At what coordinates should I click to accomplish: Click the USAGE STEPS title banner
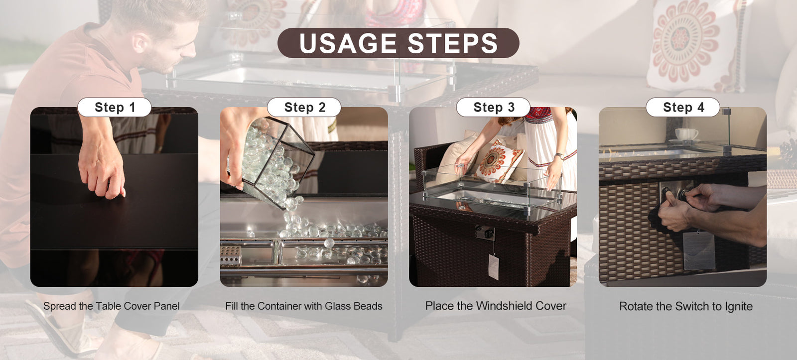click(398, 43)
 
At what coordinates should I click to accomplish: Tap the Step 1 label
click(114, 107)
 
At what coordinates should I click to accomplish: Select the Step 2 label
click(304, 107)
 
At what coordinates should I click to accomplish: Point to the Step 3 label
click(494, 107)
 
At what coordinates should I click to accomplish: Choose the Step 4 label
click(683, 107)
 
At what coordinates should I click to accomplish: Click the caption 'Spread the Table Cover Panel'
click(112, 306)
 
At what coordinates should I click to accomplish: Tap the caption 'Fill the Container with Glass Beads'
click(304, 306)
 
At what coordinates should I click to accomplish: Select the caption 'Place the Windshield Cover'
click(496, 306)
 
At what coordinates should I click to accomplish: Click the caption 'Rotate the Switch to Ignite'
click(685, 306)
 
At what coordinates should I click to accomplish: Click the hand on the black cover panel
click(102, 167)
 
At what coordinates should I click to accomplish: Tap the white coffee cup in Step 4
click(686, 134)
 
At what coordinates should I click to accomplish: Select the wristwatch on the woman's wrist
click(560, 156)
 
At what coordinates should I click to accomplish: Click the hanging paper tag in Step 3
click(494, 267)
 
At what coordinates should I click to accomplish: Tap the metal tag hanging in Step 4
click(699, 250)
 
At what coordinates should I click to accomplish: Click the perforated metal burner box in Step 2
click(231, 255)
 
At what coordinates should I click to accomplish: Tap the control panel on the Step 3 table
click(485, 233)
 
